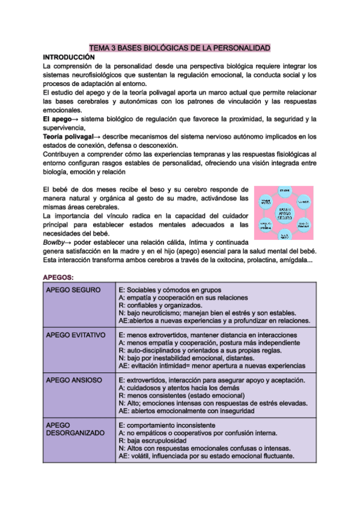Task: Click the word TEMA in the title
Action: [99, 48]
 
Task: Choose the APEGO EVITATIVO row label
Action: [76, 335]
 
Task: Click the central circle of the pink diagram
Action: [284, 214]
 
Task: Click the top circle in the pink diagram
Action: [285, 192]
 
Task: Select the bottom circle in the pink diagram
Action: [285, 236]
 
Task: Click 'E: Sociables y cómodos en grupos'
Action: [170, 290]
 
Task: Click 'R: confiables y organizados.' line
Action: [162, 306]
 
